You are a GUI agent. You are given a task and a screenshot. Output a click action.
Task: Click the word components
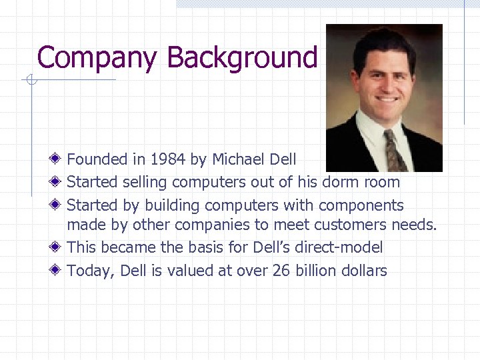point(361,205)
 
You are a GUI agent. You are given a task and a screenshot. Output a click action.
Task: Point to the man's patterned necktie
point(395,151)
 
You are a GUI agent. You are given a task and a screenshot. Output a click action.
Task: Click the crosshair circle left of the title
point(29,81)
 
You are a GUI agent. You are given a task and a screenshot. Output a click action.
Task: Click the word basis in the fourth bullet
point(203,247)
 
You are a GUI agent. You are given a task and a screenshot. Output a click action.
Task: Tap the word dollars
point(365,271)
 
